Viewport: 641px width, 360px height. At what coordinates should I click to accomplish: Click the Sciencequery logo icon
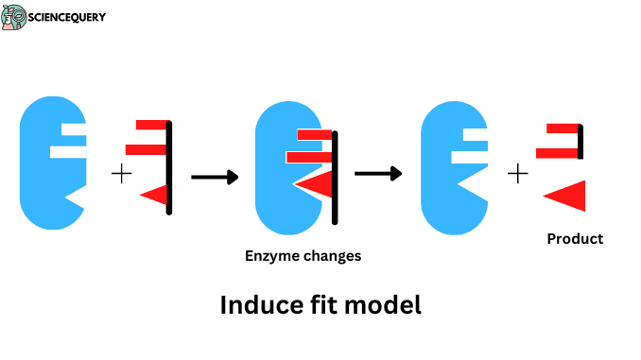click(x=15, y=17)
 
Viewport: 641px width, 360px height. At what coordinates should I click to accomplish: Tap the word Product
click(x=575, y=239)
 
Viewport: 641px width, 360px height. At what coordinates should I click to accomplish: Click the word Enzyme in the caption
click(x=269, y=256)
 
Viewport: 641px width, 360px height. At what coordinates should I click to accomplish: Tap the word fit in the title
click(x=322, y=305)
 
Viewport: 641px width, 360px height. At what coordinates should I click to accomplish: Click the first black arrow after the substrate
click(x=214, y=177)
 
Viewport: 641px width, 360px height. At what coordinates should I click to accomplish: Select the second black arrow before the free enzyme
click(x=377, y=173)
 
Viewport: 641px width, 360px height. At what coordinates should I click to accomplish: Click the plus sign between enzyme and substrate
click(x=121, y=173)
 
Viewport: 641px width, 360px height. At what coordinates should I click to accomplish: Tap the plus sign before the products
click(x=517, y=173)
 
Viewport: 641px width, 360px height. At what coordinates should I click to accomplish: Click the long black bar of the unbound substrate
click(x=169, y=168)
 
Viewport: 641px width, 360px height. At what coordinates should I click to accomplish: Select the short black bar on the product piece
click(x=580, y=142)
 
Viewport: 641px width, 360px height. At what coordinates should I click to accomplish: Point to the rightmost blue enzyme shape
click(x=448, y=168)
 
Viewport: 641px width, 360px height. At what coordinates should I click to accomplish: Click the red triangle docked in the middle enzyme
click(x=317, y=183)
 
